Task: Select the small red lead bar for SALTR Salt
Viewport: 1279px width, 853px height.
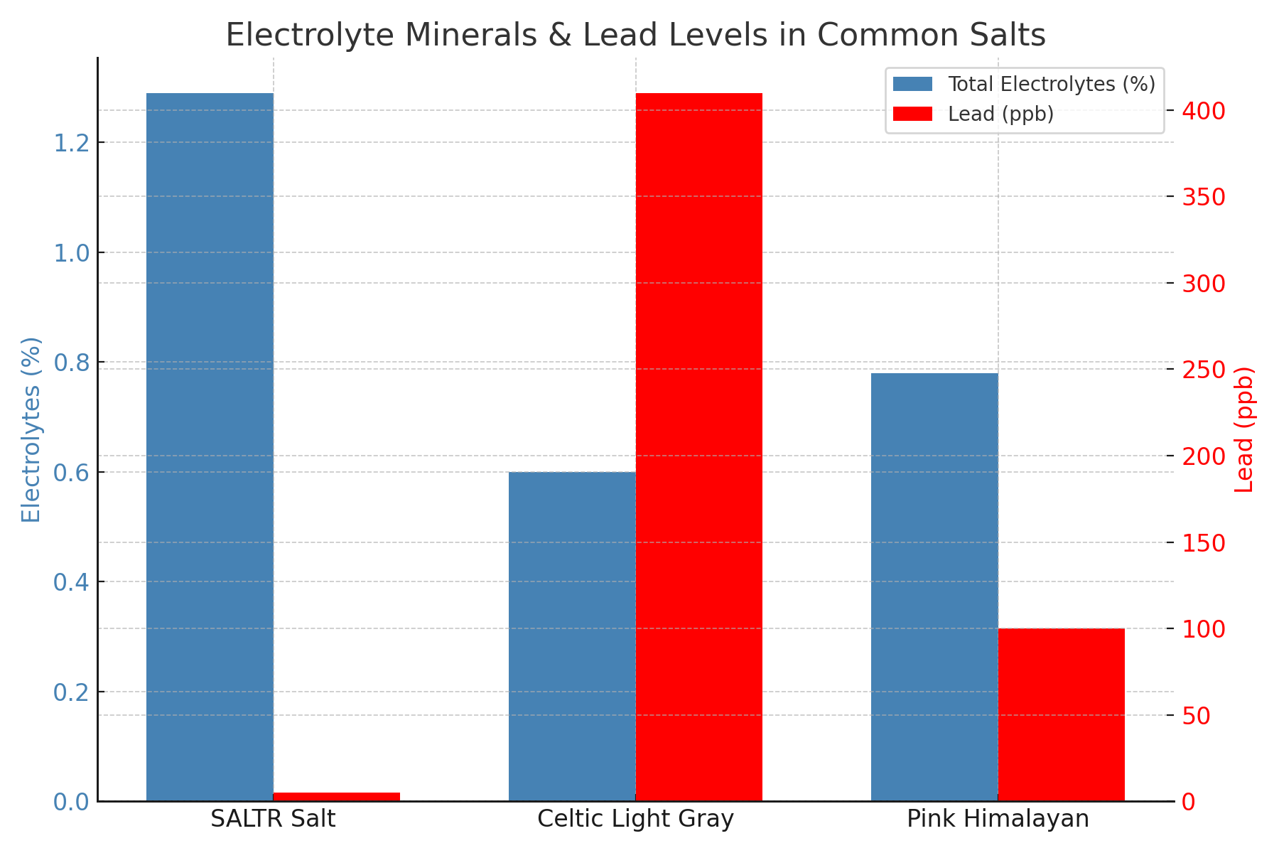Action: coord(336,796)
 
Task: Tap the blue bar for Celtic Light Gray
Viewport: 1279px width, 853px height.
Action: coord(572,636)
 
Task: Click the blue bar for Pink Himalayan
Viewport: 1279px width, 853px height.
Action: coord(934,586)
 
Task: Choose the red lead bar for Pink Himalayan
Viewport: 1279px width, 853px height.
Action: coord(1061,714)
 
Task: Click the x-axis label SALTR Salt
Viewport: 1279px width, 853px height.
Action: coord(273,819)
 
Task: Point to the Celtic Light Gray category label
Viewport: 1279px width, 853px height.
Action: coord(635,819)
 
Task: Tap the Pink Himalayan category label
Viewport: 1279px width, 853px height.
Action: coord(998,819)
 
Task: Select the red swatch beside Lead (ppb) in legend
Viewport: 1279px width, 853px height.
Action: coord(912,114)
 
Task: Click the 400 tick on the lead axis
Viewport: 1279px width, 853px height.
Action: coord(1204,111)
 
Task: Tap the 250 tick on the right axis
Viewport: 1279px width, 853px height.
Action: coord(1204,370)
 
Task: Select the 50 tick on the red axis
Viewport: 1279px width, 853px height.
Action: coord(1197,715)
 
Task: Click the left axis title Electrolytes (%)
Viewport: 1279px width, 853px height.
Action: coord(31,429)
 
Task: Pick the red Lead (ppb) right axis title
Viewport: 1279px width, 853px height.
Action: coord(1245,429)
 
